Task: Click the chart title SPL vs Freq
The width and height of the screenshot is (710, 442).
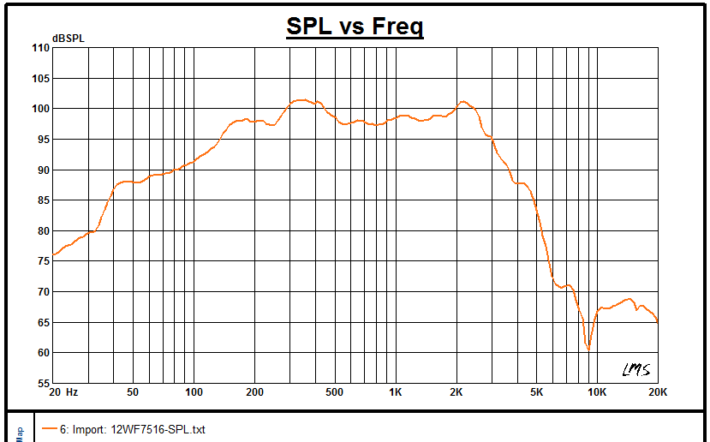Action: pyautogui.click(x=355, y=27)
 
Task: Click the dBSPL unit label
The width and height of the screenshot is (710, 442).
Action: pyautogui.click(x=68, y=38)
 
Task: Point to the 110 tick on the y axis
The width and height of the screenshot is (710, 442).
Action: pyautogui.click(x=39, y=48)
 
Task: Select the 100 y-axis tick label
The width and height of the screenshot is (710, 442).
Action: pyautogui.click(x=39, y=109)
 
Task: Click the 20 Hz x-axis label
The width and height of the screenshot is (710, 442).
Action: pyautogui.click(x=64, y=392)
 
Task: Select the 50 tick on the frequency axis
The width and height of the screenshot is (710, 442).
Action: pyautogui.click(x=133, y=392)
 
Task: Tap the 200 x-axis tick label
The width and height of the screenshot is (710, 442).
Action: pyautogui.click(x=254, y=392)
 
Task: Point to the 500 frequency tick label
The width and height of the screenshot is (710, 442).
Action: pyautogui.click(x=334, y=392)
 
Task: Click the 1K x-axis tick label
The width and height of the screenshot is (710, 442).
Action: pyautogui.click(x=395, y=392)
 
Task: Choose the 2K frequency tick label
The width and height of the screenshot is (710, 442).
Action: pyautogui.click(x=456, y=392)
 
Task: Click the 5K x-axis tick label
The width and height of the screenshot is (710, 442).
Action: pyautogui.click(x=536, y=392)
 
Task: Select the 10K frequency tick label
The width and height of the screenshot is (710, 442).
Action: pyautogui.click(x=596, y=392)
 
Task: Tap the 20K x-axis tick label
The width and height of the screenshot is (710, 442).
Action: pyautogui.click(x=657, y=392)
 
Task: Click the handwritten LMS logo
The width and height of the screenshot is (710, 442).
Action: pyautogui.click(x=635, y=369)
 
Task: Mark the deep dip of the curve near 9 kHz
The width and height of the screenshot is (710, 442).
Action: pyautogui.click(x=588, y=349)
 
